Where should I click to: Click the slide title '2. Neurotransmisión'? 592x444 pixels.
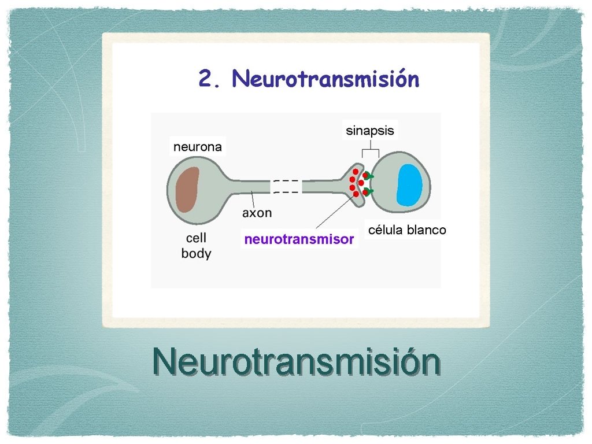click(309, 79)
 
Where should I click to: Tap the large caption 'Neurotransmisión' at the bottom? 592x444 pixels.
click(296, 362)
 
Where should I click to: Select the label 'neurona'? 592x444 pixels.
click(198, 147)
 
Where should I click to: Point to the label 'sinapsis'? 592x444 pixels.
click(370, 131)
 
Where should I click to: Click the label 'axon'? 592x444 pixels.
click(257, 213)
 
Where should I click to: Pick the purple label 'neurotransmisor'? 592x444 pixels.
click(299, 239)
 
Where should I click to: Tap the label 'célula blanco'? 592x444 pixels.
click(407, 230)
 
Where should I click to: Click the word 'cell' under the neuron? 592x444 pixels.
click(196, 238)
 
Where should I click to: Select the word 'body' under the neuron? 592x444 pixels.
click(196, 253)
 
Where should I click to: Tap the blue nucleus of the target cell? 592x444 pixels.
click(410, 185)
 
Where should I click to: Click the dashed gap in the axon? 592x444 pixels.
click(286, 186)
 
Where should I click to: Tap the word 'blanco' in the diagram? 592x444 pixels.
click(427, 230)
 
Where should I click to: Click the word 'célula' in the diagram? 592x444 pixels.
click(386, 230)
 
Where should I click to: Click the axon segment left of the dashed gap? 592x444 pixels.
click(249, 186)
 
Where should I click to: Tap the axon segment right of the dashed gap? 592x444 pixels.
click(321, 186)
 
